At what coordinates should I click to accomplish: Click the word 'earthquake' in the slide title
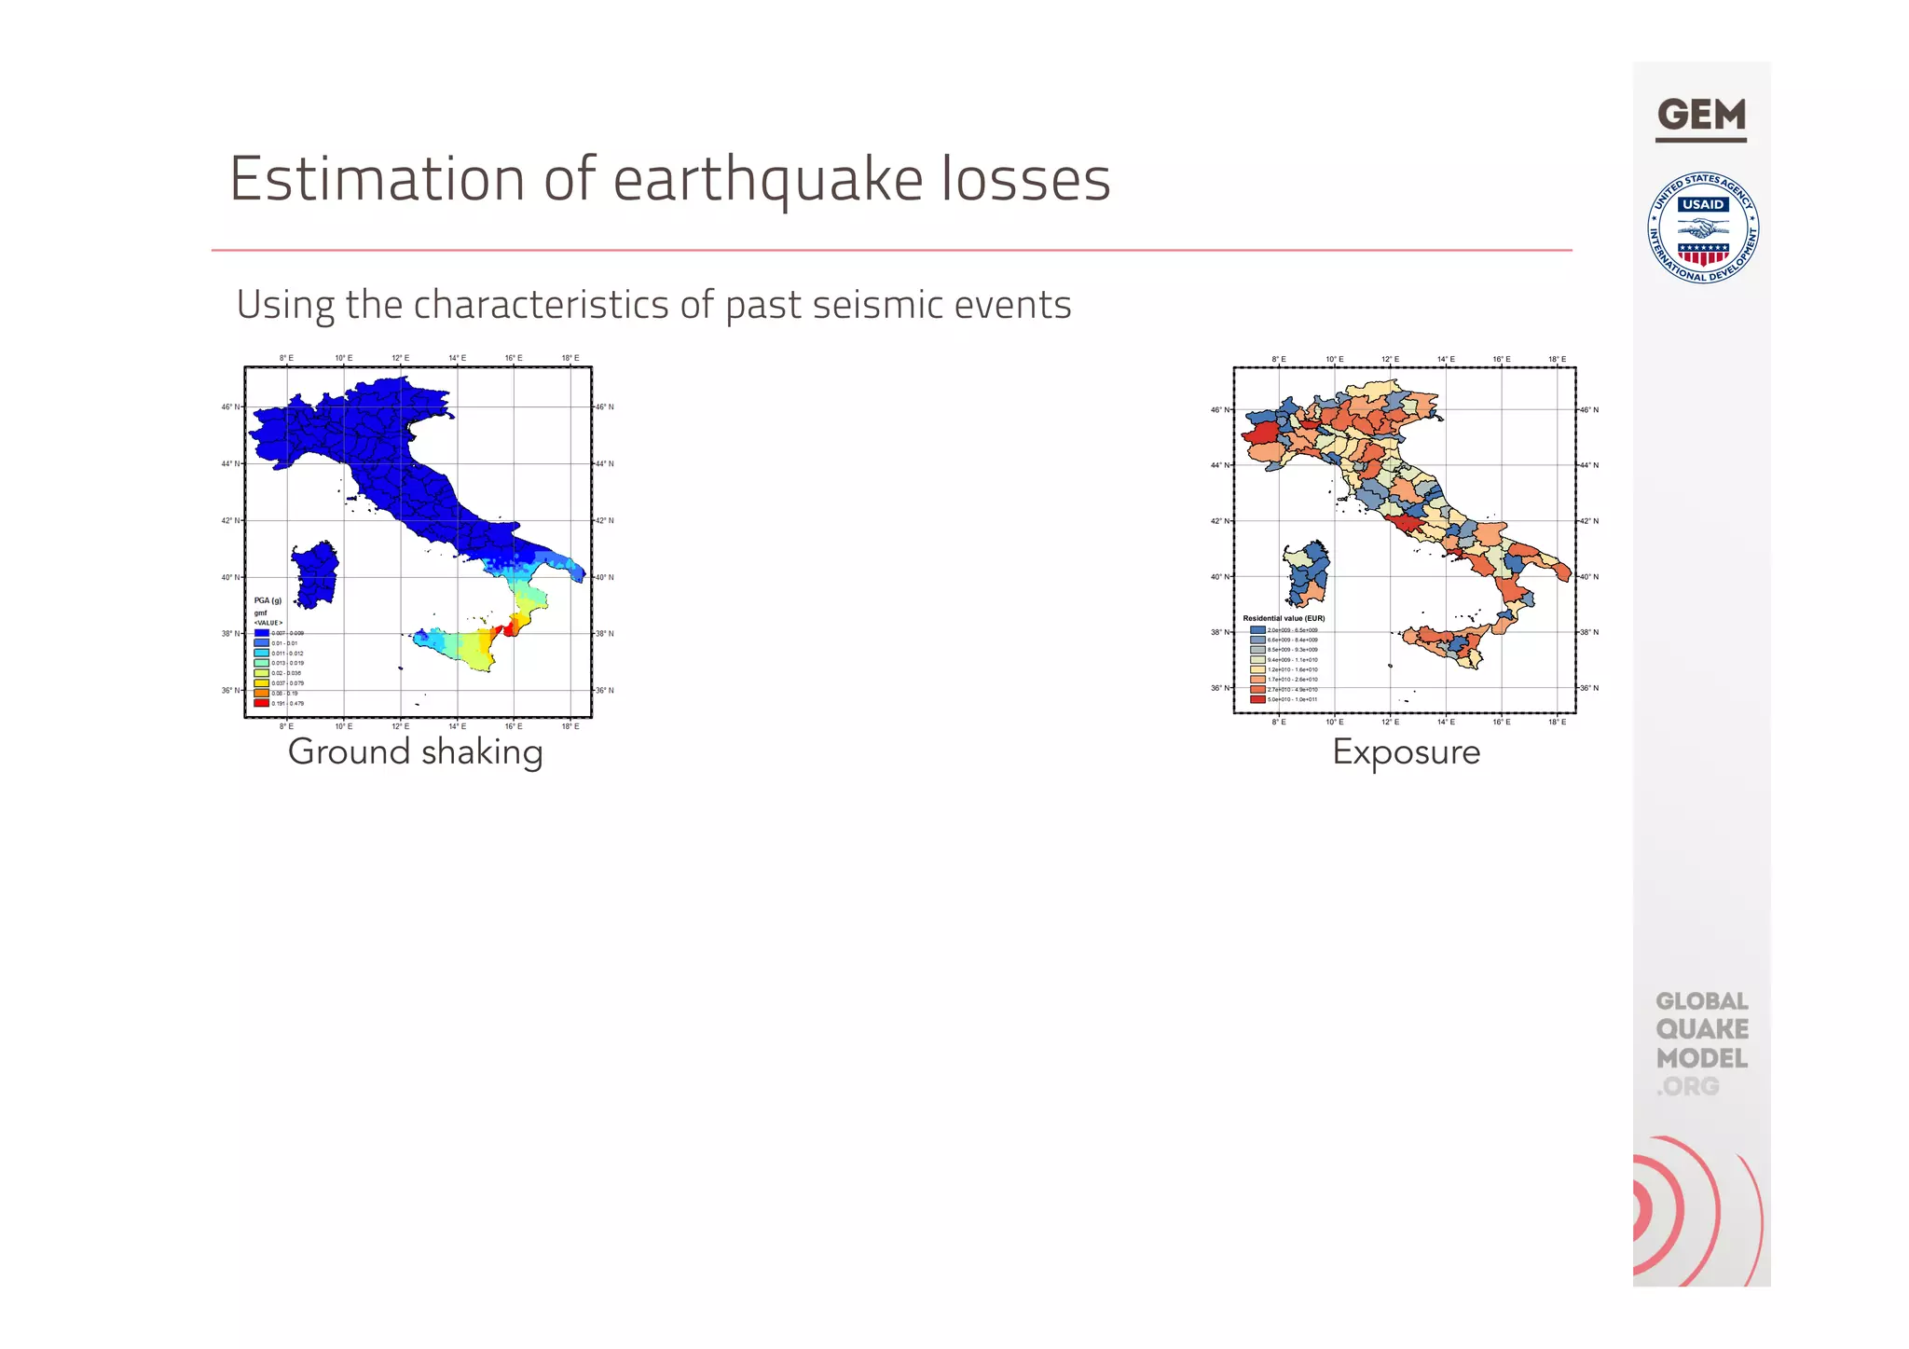(x=768, y=179)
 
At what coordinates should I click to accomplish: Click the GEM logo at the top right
(x=1701, y=117)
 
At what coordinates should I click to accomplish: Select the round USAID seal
(x=1703, y=228)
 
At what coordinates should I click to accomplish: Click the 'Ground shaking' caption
(x=415, y=751)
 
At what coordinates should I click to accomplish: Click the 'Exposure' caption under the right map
(x=1406, y=751)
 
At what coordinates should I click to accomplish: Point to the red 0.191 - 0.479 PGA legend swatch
(x=262, y=703)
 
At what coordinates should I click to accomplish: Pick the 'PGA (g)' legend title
(x=268, y=600)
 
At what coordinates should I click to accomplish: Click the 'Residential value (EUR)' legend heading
(x=1284, y=618)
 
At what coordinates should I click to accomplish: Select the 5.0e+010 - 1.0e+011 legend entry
(x=1291, y=699)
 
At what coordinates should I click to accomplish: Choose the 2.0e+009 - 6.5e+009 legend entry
(x=1291, y=630)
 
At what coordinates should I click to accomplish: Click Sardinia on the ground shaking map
(x=315, y=574)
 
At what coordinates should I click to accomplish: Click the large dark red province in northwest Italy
(x=1261, y=433)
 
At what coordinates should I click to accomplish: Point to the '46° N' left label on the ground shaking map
(x=230, y=407)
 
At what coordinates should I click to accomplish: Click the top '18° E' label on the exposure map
(x=1557, y=359)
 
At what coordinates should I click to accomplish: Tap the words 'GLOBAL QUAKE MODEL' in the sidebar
(x=1701, y=1030)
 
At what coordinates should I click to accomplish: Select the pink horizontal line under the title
(x=891, y=250)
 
